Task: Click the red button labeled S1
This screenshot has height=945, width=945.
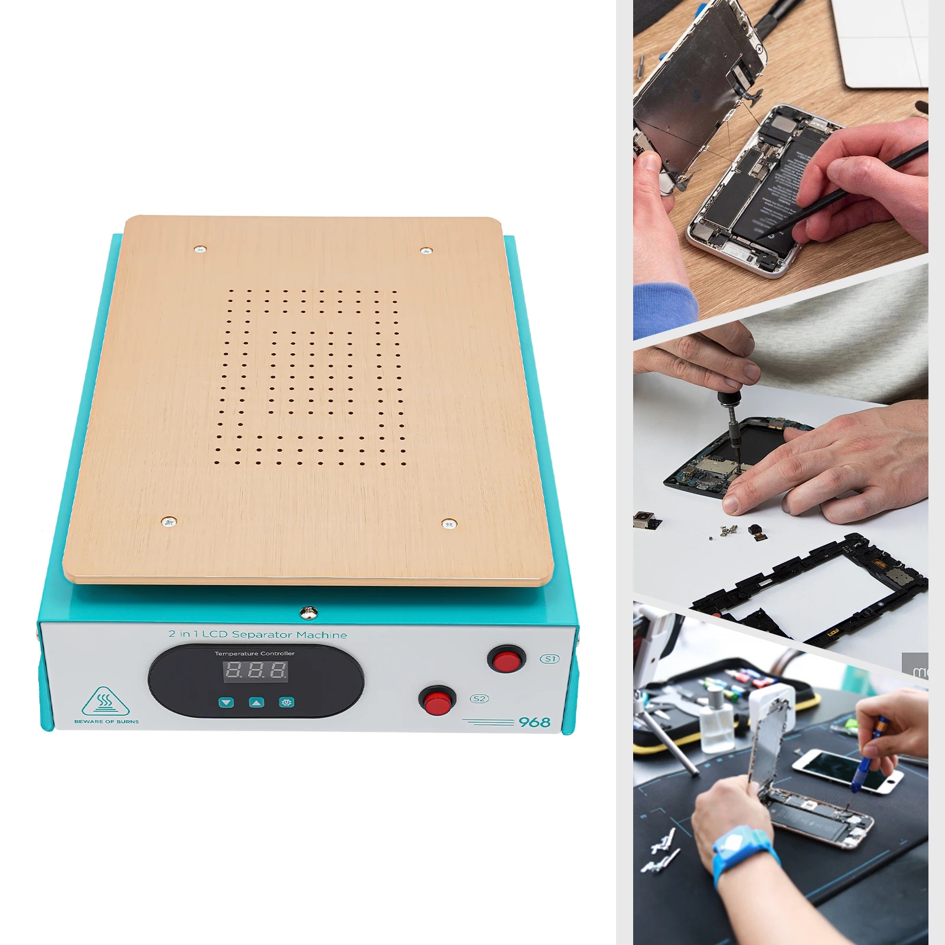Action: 506,660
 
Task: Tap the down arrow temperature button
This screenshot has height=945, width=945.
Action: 226,702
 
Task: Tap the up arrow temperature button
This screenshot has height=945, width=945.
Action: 256,702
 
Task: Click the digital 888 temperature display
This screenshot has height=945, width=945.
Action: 255,670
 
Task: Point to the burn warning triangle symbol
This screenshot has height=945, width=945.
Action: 105,702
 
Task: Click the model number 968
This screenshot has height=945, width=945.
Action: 534,722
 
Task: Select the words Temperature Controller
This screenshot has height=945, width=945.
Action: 255,653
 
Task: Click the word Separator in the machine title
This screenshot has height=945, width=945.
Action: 262,634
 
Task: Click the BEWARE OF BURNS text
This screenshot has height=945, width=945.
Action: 107,722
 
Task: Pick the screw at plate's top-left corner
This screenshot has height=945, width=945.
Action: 200,249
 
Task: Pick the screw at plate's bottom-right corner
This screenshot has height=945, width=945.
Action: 449,523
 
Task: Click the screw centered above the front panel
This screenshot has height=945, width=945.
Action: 308,612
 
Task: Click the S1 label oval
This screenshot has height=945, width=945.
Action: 550,659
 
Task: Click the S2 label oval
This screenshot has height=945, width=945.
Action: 479,699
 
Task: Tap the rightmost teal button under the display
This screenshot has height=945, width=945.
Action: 286,702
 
